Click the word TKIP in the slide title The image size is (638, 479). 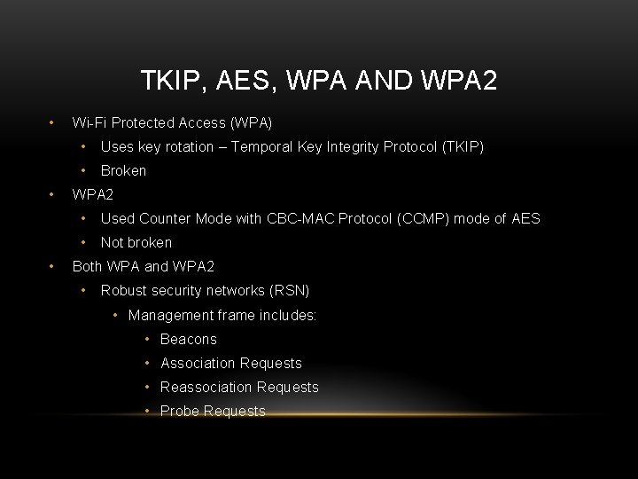(167, 82)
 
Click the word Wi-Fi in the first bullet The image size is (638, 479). (88, 122)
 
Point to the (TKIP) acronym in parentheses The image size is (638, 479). (462, 146)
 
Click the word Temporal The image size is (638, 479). (261, 146)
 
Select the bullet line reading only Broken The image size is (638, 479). (123, 170)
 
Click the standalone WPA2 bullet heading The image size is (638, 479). (93, 193)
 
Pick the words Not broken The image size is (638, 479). (136, 242)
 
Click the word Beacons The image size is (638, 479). (189, 339)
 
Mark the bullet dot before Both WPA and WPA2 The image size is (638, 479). (54, 266)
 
